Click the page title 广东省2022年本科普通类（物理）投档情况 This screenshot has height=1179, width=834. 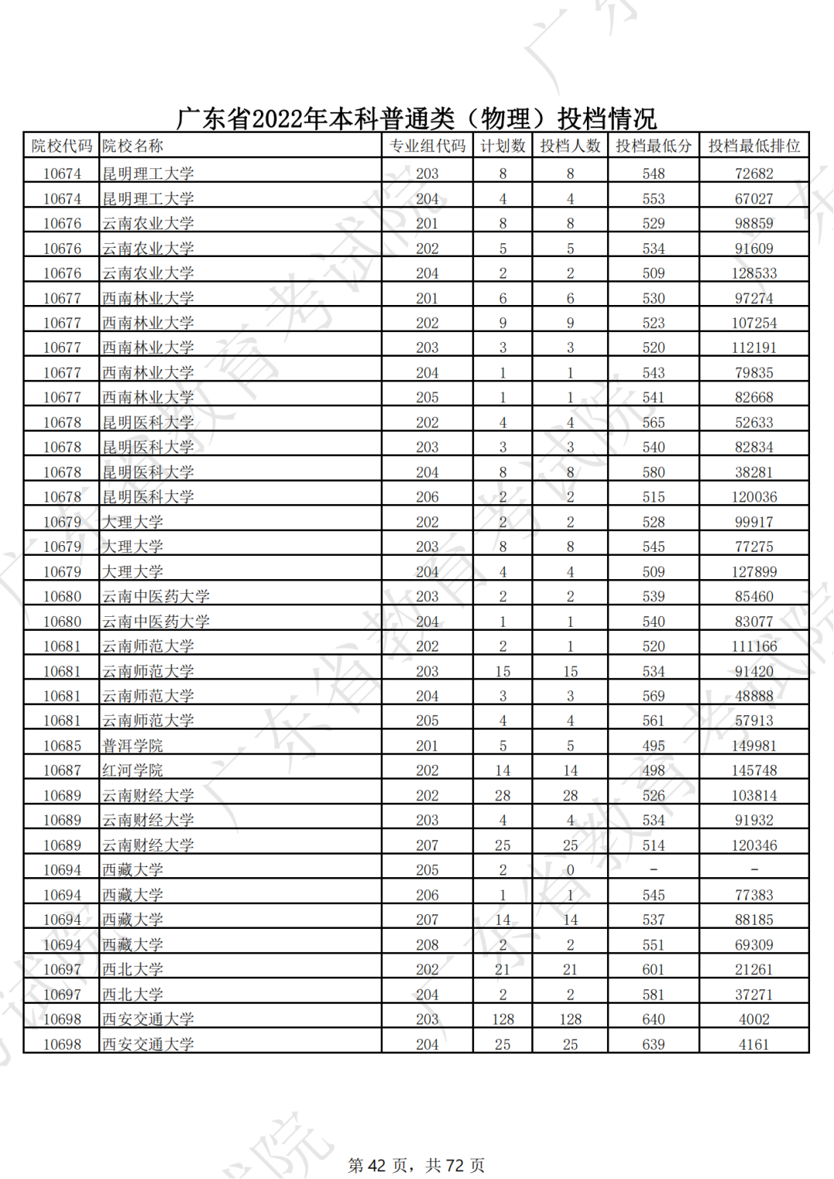[x=416, y=118]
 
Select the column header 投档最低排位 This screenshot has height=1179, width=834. [x=754, y=146]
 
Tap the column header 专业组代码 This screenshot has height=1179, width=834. [x=427, y=146]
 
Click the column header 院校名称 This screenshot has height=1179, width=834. [x=133, y=146]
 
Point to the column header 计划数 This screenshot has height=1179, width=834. [x=503, y=146]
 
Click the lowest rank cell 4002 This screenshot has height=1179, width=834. [x=754, y=1019]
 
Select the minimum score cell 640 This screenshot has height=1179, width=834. [x=653, y=1019]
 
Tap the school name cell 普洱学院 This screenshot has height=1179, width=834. [x=133, y=746]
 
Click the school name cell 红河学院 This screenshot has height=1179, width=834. [x=133, y=771]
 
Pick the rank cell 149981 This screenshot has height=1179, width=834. [x=754, y=746]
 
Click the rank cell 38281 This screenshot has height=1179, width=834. [x=754, y=472]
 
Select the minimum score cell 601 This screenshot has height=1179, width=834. [x=653, y=970]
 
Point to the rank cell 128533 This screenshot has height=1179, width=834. [x=754, y=273]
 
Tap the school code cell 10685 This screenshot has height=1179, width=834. [x=62, y=746]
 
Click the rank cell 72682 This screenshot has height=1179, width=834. [x=754, y=174]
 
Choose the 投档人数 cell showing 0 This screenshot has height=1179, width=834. [x=570, y=870]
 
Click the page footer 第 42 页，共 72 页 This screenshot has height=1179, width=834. [x=416, y=1165]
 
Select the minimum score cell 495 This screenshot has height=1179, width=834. [x=653, y=746]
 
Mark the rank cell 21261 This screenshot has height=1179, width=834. [x=754, y=970]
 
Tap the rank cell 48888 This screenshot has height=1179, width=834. [x=754, y=696]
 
